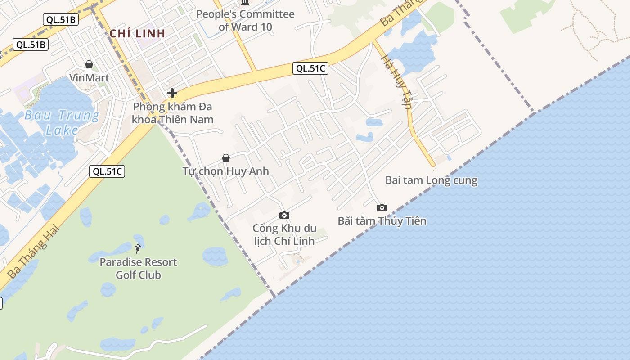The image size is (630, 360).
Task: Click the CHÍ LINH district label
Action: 138,33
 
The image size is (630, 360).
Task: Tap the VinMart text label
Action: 89,78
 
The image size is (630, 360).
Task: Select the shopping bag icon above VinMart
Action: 89,64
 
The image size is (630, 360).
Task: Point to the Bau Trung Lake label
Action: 62,123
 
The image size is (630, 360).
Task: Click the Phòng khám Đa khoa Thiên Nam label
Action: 172,113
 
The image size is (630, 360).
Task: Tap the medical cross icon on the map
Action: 172,93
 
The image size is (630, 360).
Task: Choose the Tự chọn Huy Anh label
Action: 225,171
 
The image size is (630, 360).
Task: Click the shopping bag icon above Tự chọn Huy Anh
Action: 226,157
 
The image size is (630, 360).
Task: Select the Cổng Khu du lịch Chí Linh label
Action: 284,234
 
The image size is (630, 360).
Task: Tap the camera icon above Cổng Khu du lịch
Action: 284,215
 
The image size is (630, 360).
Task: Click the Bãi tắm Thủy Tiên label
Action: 382,221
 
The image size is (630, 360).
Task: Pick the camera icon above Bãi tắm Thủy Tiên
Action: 382,207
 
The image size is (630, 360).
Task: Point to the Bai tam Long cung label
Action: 431,180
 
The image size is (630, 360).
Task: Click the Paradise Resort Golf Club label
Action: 138,268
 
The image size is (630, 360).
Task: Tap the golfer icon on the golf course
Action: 138,248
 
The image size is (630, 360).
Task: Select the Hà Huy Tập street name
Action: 396,81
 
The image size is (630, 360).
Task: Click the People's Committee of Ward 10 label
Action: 245,20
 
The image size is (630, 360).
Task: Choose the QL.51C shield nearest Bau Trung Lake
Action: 107,171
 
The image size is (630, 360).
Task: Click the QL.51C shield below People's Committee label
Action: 310,68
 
